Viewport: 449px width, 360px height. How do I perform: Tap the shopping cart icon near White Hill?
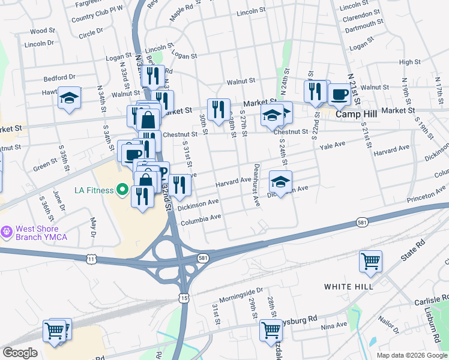370,262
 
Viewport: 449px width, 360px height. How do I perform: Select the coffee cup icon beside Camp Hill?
339,94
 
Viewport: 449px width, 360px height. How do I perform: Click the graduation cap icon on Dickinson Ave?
280,181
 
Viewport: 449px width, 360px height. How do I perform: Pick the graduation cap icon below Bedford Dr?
70,98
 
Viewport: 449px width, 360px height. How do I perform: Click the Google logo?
20,353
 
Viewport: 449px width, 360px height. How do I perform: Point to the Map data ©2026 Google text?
411,355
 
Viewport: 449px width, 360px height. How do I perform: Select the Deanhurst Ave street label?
256,186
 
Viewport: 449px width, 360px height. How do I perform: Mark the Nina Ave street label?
334,326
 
